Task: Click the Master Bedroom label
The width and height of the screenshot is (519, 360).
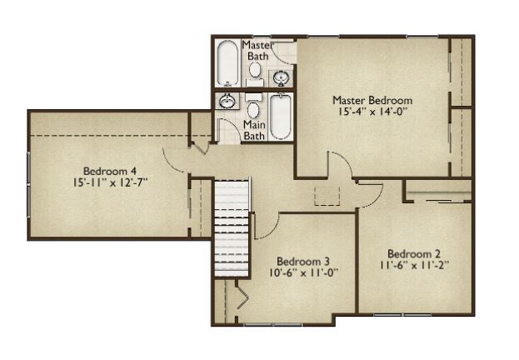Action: pyautogui.click(x=372, y=100)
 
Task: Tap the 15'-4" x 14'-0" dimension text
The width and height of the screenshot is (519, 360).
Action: pyautogui.click(x=372, y=112)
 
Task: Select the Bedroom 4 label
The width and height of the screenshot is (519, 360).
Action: pyautogui.click(x=110, y=171)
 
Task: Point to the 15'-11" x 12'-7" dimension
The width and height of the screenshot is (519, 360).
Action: pyautogui.click(x=110, y=182)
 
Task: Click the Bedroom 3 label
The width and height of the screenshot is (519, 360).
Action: pyautogui.click(x=303, y=262)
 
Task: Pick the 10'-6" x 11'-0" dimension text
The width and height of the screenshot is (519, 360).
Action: pyautogui.click(x=303, y=272)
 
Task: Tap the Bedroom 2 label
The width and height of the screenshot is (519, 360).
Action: pyautogui.click(x=414, y=254)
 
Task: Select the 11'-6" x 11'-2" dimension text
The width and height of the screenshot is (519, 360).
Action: pyautogui.click(x=414, y=265)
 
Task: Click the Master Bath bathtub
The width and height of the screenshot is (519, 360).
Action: pyautogui.click(x=227, y=63)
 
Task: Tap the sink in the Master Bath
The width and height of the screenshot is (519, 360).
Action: pyautogui.click(x=281, y=78)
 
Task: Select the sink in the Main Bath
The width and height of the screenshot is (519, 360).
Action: pyautogui.click(x=227, y=101)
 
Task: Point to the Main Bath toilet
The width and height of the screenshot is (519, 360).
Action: pyautogui.click(x=253, y=107)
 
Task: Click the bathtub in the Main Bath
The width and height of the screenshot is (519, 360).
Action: pyautogui.click(x=281, y=117)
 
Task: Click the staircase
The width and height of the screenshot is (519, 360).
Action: pyautogui.click(x=232, y=227)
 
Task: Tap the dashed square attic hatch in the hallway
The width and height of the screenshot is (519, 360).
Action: pyautogui.click(x=327, y=196)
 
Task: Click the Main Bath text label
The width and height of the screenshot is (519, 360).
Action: pyautogui.click(x=254, y=130)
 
